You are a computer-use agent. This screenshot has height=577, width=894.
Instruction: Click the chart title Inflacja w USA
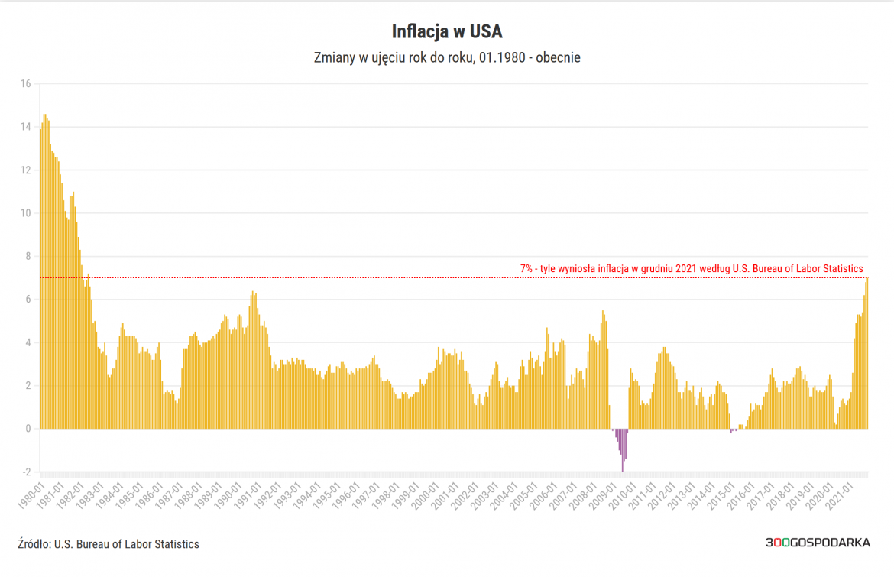(x=447, y=31)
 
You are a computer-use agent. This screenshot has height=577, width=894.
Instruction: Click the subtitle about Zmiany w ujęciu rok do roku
(x=447, y=58)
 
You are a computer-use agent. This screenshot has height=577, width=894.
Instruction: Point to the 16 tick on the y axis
(x=24, y=84)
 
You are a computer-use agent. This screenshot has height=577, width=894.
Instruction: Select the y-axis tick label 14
(x=24, y=127)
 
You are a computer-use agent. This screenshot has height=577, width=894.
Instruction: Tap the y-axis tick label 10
(x=24, y=213)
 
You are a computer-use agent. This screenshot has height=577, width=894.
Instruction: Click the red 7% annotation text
(x=692, y=269)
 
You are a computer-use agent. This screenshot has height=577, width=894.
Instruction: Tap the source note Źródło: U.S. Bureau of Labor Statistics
(x=108, y=544)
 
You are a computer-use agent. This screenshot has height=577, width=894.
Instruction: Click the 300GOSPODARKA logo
(x=818, y=543)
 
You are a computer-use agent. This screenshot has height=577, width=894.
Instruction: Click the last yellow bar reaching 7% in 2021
(x=867, y=352)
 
